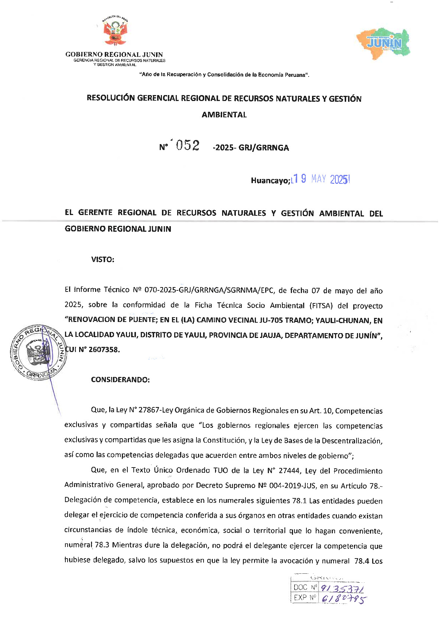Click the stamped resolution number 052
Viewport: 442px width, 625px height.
pyautogui.click(x=188, y=146)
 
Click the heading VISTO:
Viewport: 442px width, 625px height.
pyautogui.click(x=103, y=260)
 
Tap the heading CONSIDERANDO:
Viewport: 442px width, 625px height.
pyautogui.click(x=120, y=380)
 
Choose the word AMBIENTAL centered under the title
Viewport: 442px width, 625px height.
pyautogui.click(x=224, y=115)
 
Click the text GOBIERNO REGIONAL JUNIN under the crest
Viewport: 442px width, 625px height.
pyautogui.click(x=114, y=55)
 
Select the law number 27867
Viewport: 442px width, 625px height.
pyautogui.click(x=149, y=410)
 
